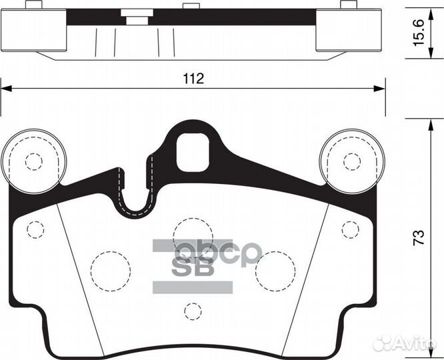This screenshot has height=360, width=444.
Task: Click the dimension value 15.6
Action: point(419,32)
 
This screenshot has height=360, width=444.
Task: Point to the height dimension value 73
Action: point(419,238)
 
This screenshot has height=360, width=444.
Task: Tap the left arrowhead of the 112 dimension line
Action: point(5,87)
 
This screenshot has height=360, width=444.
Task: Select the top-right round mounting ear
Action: point(351,160)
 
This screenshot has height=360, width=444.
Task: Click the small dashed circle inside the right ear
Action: point(351,161)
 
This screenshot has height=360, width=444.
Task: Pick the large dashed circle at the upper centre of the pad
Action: point(192,237)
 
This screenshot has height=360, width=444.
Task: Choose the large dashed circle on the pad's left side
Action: point(109,271)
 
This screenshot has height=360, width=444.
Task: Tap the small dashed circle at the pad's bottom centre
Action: point(193,311)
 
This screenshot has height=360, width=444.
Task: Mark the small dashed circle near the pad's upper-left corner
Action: point(35,229)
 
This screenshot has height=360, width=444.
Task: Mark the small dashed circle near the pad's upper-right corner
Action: point(349,229)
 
